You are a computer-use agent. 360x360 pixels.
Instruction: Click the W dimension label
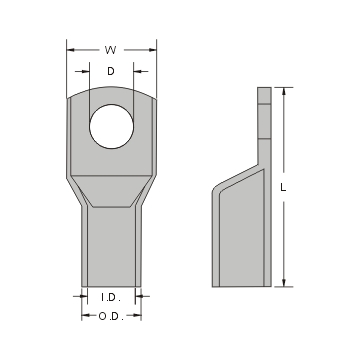click(111, 48)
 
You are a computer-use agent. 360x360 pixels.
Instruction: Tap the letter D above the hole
click(111, 71)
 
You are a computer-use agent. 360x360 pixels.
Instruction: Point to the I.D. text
click(111, 297)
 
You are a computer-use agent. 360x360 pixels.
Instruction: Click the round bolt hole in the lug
click(111, 127)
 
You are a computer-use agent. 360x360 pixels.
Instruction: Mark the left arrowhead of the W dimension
click(70, 48)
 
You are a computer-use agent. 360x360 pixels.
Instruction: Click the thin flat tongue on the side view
click(264, 120)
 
